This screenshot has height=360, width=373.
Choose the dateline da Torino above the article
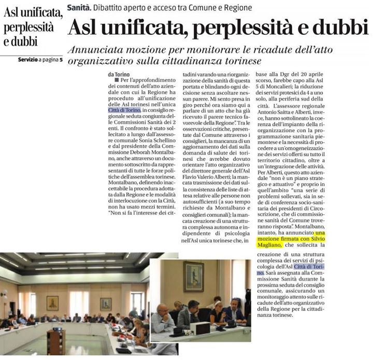click(x=118, y=75)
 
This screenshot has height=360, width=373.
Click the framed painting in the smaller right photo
click(x=193, y=276)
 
